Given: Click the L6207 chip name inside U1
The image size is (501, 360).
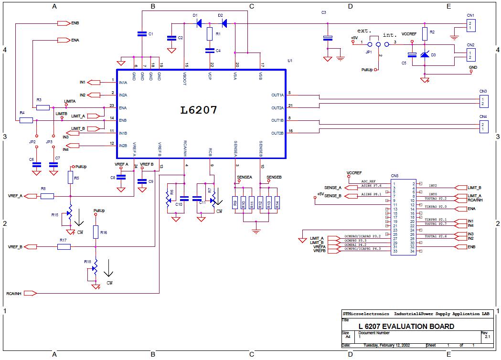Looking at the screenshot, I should click(x=199, y=110).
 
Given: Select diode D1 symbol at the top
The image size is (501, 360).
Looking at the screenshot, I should click(x=199, y=22).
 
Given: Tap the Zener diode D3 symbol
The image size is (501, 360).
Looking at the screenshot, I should click(x=424, y=54).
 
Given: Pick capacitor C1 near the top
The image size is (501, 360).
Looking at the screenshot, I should click(x=142, y=34).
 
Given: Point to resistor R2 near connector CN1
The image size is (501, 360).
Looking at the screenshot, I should click(x=425, y=32).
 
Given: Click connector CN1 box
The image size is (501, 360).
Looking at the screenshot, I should click(x=470, y=25).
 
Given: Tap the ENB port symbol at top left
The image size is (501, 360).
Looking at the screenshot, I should click(x=63, y=23).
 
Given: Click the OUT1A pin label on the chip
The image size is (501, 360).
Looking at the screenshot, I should click(x=277, y=95).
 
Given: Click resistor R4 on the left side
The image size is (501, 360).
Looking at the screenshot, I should click(x=26, y=120).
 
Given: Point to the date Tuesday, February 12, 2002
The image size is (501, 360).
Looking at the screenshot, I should click(x=386, y=345).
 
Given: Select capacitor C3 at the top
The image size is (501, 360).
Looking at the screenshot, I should click(x=328, y=38).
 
